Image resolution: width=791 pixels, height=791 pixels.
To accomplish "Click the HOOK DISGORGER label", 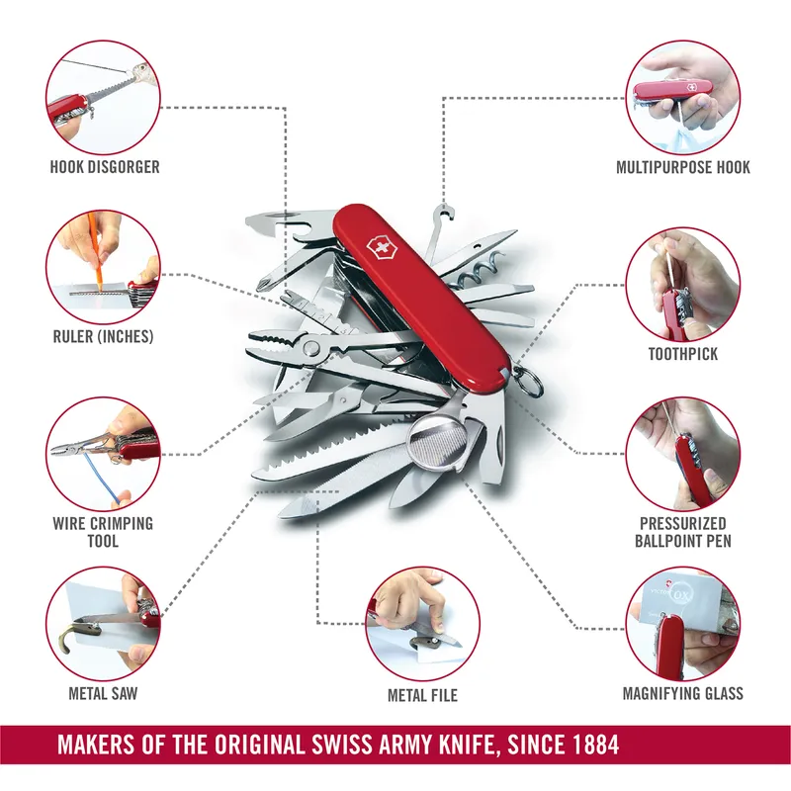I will point(104,167).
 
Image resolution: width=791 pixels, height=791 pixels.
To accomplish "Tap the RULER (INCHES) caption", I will point(104,336).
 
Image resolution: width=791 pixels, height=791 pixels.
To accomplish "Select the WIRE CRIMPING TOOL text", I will point(104,532).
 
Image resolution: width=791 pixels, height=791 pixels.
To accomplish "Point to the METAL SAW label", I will point(103,693).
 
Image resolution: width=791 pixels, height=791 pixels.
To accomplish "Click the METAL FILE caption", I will point(422,695).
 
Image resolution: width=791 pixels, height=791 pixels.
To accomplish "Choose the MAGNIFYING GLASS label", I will point(682,693).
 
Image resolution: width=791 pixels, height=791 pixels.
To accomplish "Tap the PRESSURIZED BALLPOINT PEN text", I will point(682,532).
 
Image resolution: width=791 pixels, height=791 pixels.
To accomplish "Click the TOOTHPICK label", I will point(682,353).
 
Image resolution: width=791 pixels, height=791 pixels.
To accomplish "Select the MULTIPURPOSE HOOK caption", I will point(682,167).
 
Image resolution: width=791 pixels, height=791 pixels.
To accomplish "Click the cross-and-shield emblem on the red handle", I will point(378,248).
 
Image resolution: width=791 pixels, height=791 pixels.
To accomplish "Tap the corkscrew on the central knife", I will point(486,268).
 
